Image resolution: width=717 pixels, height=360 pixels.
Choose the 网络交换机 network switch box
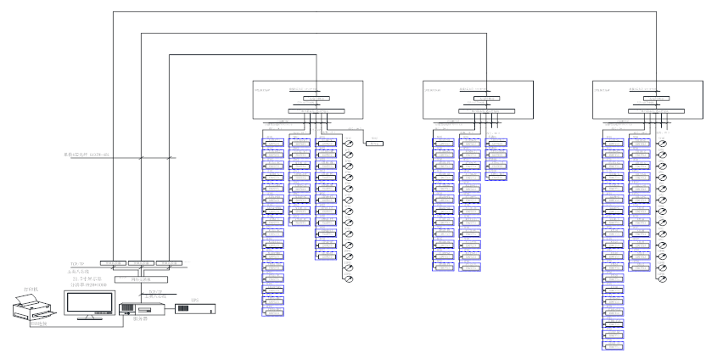(x=141, y=278)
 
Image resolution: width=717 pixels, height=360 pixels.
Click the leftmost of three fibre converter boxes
(x=112, y=264)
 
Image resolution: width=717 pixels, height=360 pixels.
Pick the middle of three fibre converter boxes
(x=142, y=264)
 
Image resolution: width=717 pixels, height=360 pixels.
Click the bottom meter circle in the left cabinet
(x=348, y=278)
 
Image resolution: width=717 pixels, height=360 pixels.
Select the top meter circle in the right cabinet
(x=663, y=142)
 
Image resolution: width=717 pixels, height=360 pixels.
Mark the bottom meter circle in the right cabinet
(x=663, y=278)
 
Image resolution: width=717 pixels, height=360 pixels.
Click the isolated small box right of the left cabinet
(x=374, y=143)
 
